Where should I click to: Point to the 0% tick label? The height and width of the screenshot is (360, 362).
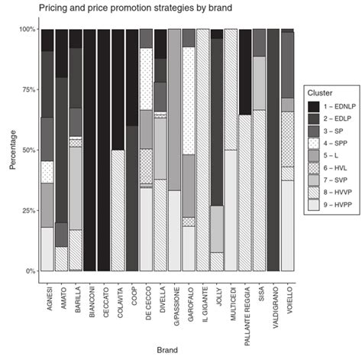coord(27,271)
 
